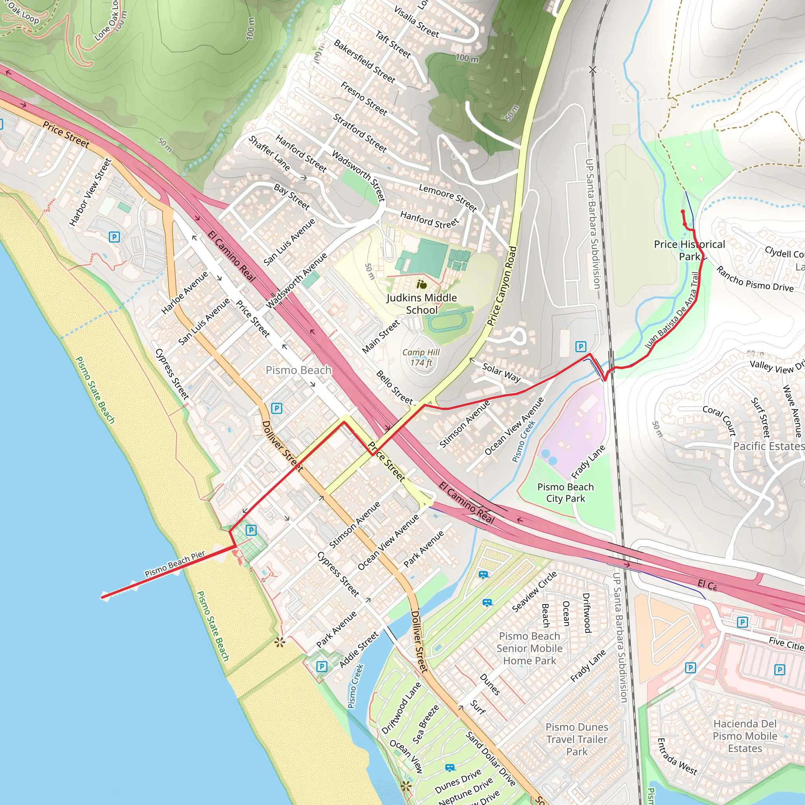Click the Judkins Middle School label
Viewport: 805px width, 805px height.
[422, 304]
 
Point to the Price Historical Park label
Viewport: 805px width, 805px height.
[689, 250]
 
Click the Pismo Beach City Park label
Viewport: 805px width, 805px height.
[565, 493]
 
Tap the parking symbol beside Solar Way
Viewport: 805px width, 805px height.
[581, 346]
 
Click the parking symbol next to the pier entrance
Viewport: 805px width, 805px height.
[251, 530]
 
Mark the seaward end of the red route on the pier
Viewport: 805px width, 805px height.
[102, 597]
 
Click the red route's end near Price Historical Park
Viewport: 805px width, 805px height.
[682, 212]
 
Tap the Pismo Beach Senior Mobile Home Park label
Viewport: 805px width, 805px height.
[529, 648]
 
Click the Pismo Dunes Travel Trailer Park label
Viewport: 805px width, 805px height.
[577, 739]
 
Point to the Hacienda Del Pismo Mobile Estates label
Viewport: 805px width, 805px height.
[744, 736]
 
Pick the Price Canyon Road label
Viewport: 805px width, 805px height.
[502, 286]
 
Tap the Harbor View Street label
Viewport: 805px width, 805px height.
[90, 192]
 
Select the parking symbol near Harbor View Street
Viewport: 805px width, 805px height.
[114, 237]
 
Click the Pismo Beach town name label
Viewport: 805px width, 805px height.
[298, 370]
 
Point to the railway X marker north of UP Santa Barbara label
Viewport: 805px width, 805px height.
[593, 70]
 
